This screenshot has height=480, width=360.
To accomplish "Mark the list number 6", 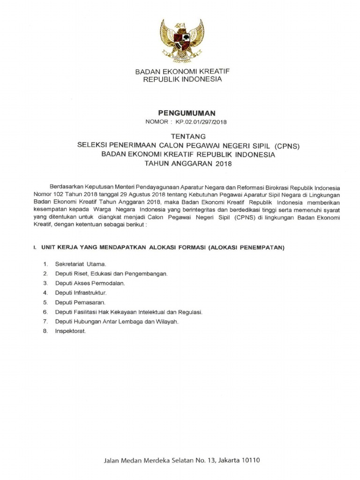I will [x=45, y=312].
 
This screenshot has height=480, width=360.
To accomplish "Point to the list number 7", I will [x=45, y=322].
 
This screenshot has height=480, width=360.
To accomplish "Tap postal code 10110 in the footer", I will [x=249, y=460].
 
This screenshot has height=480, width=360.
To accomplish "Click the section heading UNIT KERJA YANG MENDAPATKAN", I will [x=117, y=247].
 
